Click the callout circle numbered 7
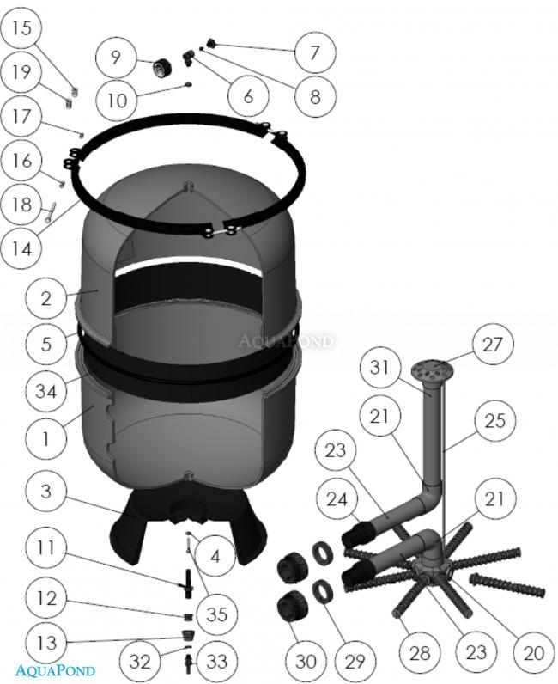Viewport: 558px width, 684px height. pyautogui.click(x=315, y=52)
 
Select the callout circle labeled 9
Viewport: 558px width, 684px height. pyautogui.click(x=116, y=57)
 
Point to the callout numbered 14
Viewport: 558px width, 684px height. pyautogui.click(x=21, y=248)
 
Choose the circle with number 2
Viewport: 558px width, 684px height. pyautogui.click(x=45, y=298)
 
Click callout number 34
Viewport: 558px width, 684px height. pyautogui.click(x=45, y=390)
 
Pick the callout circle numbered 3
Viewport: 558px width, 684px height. pyautogui.click(x=45, y=491)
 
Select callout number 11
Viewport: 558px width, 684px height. pyautogui.click(x=45, y=547)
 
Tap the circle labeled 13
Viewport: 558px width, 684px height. pyautogui.click(x=45, y=642)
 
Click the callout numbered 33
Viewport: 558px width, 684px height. pyautogui.click(x=216, y=661)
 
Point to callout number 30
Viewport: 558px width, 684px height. pyautogui.click(x=306, y=661)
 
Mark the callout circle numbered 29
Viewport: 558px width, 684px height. pyautogui.click(x=355, y=661)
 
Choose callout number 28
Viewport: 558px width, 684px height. pyautogui.click(x=420, y=652)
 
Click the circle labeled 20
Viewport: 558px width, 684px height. pyautogui.click(x=533, y=652)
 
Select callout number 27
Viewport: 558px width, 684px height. pyautogui.click(x=493, y=345)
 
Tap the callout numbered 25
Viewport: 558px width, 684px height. pyautogui.click(x=494, y=420)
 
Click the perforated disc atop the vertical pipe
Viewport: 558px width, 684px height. pyautogui.click(x=432, y=369)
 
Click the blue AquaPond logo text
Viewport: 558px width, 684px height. pyautogui.click(x=55, y=670)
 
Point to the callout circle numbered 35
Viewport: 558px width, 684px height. pyautogui.click(x=216, y=614)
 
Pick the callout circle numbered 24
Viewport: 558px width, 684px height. pyautogui.click(x=337, y=498)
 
